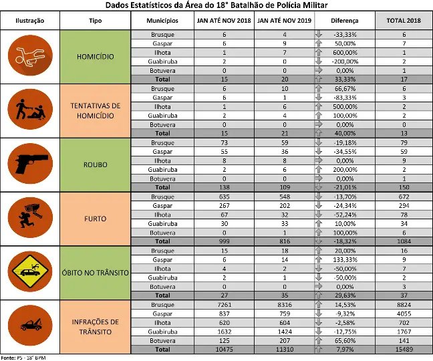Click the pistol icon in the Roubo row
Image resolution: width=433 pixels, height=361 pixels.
pos(30,164)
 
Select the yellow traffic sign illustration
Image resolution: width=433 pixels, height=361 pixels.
pos(30,271)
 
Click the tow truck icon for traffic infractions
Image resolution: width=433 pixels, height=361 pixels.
pos(30,326)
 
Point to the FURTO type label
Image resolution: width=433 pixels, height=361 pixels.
pos(96,219)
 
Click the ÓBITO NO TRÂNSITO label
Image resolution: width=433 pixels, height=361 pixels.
pos(96,273)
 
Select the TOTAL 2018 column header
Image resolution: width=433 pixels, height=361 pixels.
pos(404,21)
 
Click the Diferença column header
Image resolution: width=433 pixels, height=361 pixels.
pos(345,21)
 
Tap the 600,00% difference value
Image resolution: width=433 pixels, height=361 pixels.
pos(345,53)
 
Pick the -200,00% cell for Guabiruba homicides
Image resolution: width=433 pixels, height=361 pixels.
pos(345,62)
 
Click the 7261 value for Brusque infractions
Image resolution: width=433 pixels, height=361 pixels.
pos(224,305)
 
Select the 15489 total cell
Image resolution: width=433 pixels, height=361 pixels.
pos(404,350)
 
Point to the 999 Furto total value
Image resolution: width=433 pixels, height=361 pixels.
pos(224,241)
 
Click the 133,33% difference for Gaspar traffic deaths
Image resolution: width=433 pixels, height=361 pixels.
pos(345,259)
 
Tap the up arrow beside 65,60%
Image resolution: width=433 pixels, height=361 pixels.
pos(319,340)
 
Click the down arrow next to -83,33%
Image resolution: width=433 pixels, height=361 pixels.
pos(319,97)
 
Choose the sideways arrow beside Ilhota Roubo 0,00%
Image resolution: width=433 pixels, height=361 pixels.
pos(319,160)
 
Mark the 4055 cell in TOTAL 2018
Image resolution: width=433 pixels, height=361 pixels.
pos(404,314)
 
